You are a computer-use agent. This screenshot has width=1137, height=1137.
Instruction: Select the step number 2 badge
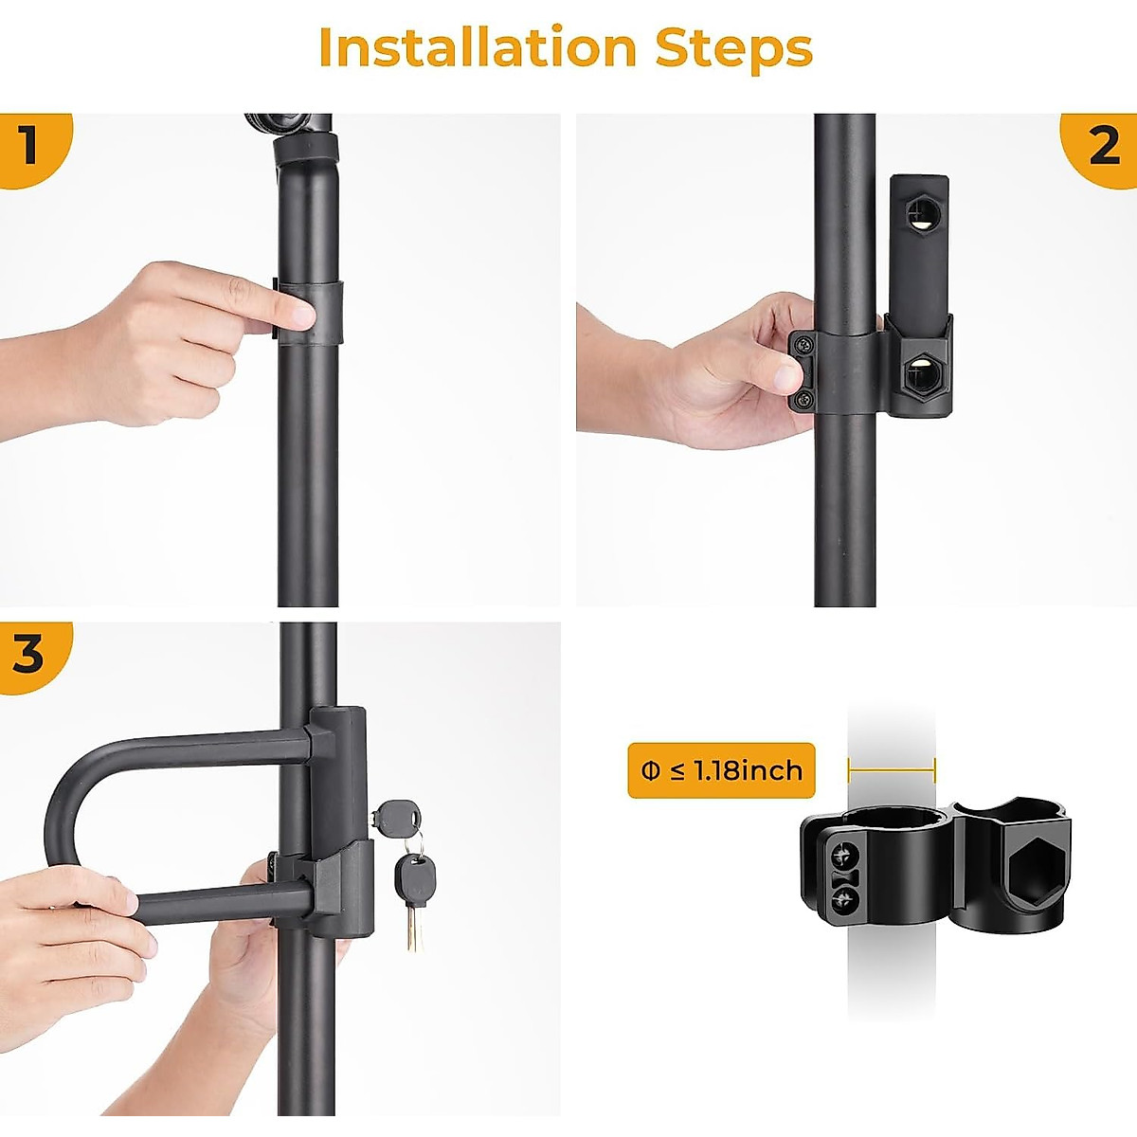click(x=1104, y=146)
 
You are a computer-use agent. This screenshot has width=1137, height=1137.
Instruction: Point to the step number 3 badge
click(x=28, y=654)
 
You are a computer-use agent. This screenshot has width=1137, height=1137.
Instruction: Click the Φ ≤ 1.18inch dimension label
click(x=721, y=770)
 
